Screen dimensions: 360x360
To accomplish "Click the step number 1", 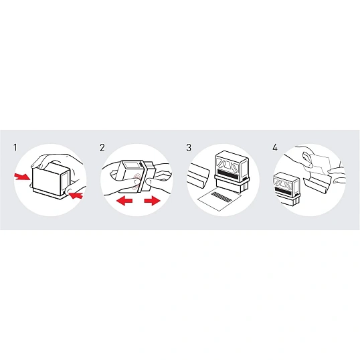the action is click(x=15, y=147).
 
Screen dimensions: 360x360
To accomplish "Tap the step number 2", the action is click(x=102, y=147).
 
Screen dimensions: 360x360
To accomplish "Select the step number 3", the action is click(x=189, y=147).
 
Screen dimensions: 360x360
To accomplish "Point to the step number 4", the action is click(x=275, y=147).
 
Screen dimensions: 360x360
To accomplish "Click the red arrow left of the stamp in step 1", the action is click(x=22, y=177).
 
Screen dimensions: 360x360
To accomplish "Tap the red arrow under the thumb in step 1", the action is click(x=76, y=195).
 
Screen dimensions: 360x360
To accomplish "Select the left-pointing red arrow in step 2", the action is click(x=124, y=201).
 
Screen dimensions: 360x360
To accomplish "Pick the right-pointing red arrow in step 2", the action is click(x=152, y=201).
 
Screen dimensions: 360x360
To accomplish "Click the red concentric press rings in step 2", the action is click(x=137, y=181).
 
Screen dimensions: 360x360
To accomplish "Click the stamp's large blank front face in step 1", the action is click(x=47, y=177).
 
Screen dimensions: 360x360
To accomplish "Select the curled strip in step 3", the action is click(x=198, y=175).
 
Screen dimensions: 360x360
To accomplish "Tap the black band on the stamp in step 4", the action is click(x=283, y=190).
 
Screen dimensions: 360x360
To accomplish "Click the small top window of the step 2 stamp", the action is click(x=130, y=166).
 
